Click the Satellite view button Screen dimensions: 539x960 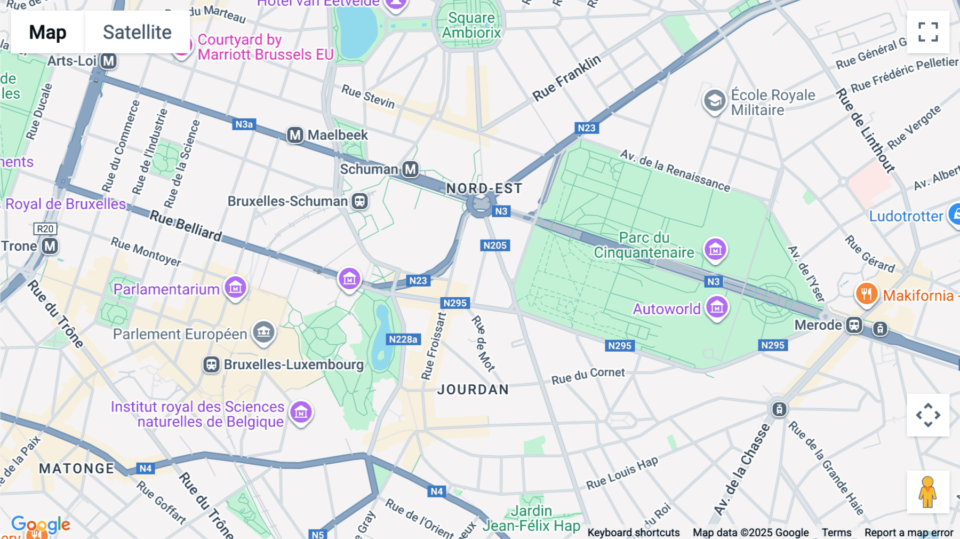point(137,32)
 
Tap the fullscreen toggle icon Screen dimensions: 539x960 point(928,32)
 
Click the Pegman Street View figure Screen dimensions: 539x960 point(928,492)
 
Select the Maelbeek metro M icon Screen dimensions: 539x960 point(295,135)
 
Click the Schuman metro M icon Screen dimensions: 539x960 point(410,169)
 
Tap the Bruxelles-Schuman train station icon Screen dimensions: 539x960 point(360,201)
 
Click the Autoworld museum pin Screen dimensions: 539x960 point(717,307)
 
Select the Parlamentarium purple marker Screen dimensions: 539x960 point(235,288)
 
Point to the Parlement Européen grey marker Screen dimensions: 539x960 point(263,332)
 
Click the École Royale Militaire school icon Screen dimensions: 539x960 point(714,100)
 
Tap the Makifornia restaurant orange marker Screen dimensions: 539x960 point(867,294)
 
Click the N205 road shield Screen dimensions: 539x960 point(494,245)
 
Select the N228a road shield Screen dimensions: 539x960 point(403,339)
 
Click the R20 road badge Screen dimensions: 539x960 point(45,229)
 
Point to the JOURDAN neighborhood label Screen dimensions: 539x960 point(473,390)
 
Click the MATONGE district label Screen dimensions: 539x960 point(77,469)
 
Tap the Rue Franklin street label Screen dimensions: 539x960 point(566,78)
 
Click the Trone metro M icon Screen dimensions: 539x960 point(50,246)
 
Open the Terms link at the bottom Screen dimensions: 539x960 point(836,532)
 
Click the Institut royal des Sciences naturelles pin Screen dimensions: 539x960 point(301,411)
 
